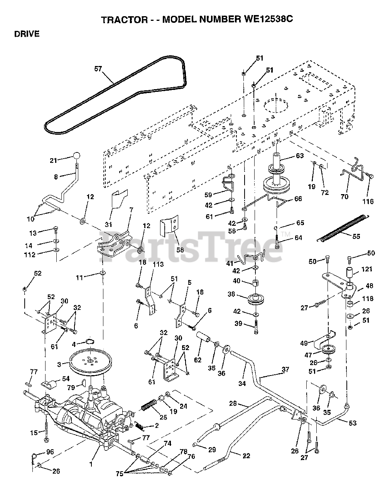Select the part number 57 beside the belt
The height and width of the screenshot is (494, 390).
coord(98,69)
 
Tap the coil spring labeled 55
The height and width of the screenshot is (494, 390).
coord(343,228)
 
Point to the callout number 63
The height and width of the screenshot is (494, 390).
coord(299,156)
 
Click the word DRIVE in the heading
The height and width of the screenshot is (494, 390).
coord(27,34)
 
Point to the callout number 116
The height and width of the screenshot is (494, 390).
coord(368,201)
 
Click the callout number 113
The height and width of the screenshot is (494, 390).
coord(158,264)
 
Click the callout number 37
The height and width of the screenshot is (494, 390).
coord(285,369)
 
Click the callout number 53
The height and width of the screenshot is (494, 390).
coord(352,423)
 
